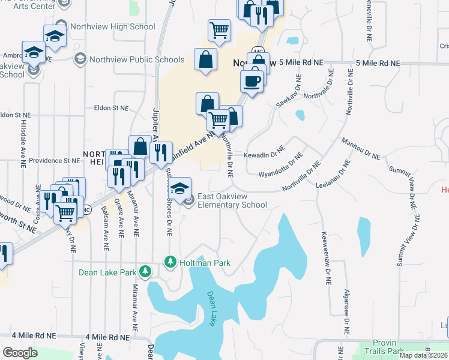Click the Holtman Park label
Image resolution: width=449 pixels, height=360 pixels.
tap(205, 263)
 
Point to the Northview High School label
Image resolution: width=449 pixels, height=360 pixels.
tap(112, 27)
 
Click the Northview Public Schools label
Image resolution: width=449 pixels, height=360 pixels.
tap(137, 59)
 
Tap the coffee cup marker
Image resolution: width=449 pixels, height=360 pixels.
tap(252, 80)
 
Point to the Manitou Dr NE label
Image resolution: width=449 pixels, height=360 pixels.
tap(361, 149)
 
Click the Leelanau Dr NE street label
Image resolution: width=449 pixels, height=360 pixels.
tap(333, 175)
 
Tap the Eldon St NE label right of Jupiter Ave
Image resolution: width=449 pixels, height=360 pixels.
tap(112, 109)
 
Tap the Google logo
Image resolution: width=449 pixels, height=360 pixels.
tap(20, 352)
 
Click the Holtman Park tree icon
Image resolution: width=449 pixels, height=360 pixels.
tap(170, 263)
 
